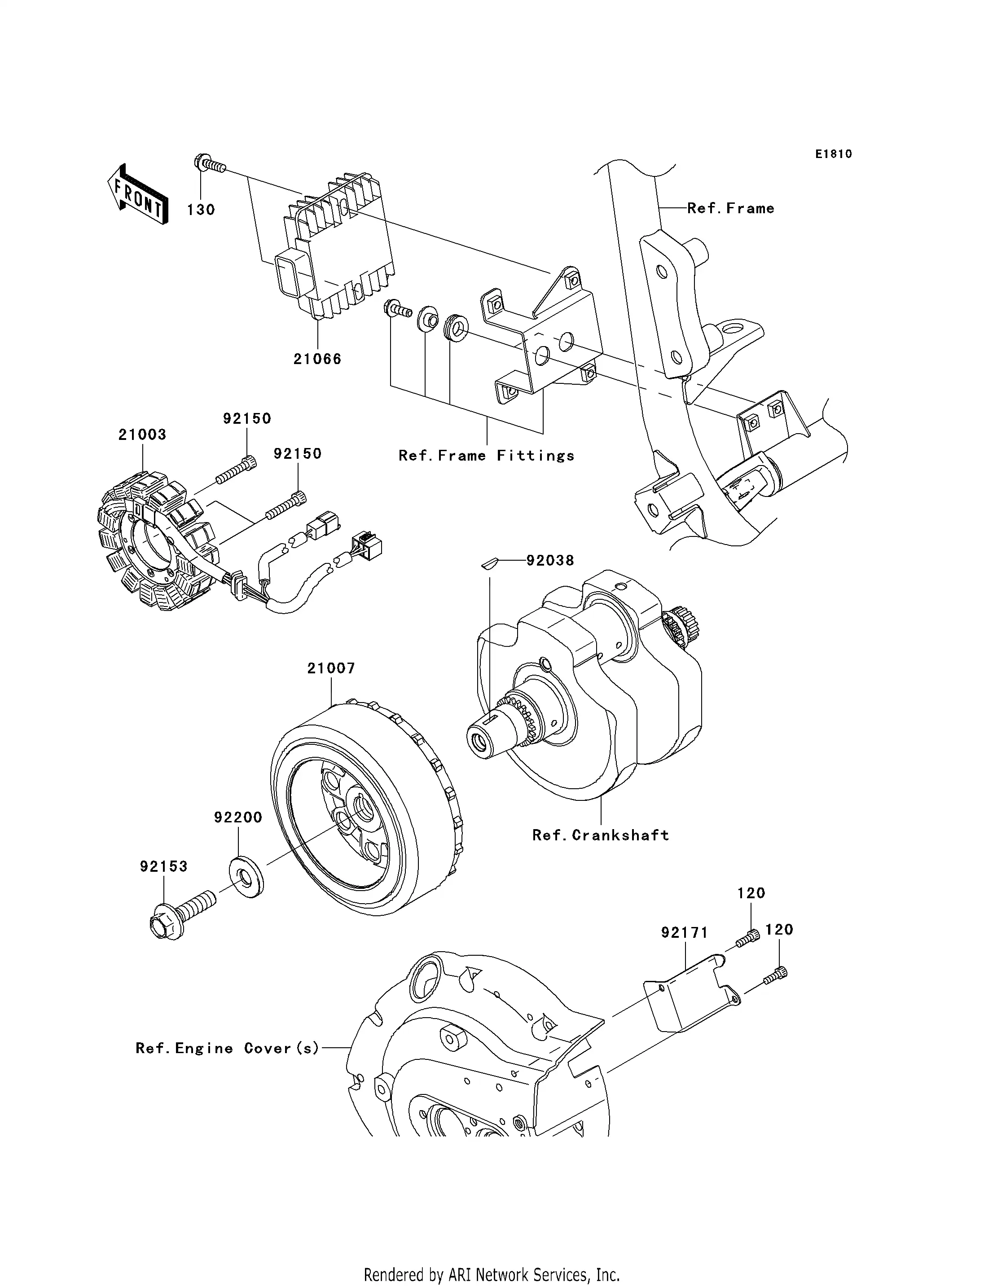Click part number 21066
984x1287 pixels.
[x=317, y=359]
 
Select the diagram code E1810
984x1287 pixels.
[x=834, y=154]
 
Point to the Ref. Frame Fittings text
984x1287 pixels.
[x=486, y=456]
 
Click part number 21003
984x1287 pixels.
[x=142, y=435]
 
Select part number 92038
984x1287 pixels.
[x=550, y=561]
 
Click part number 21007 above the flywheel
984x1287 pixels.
[x=331, y=668]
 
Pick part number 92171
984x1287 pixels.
[x=685, y=932]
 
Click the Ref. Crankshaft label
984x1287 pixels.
[x=600, y=835]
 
